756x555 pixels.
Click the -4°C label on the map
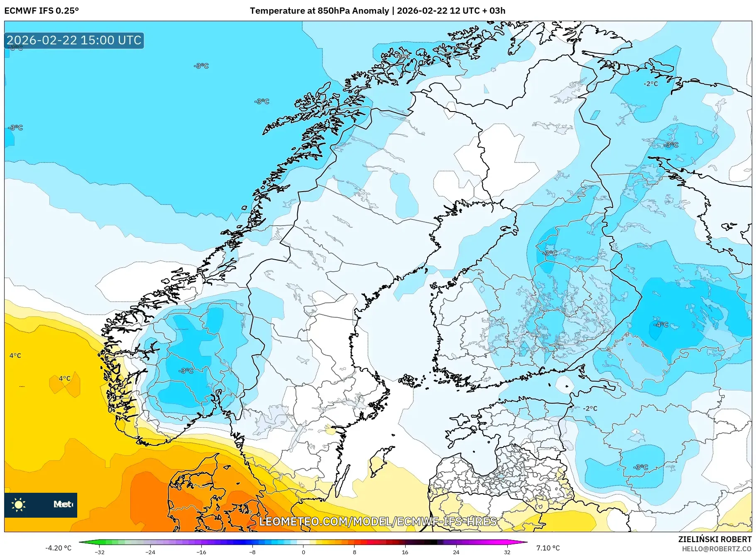tap(661, 324)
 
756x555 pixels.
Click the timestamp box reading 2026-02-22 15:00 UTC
tap(74, 40)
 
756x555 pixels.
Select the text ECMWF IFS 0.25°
tap(42, 11)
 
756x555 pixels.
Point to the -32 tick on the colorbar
tap(100, 552)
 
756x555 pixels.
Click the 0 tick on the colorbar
tap(303, 552)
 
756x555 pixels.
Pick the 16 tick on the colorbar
tap(405, 552)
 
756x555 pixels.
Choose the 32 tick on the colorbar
tap(507, 552)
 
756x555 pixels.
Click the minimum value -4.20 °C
tap(58, 548)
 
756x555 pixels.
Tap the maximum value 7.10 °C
tap(548, 548)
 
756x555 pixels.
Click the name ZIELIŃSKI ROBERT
tap(714, 539)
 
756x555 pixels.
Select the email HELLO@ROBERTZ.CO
tap(717, 549)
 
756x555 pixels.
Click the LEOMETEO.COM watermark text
tap(378, 521)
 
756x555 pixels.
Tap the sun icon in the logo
tap(19, 504)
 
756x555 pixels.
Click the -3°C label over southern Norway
tap(186, 370)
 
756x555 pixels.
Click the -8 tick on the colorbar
tap(252, 552)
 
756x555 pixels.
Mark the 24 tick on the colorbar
tap(456, 552)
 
